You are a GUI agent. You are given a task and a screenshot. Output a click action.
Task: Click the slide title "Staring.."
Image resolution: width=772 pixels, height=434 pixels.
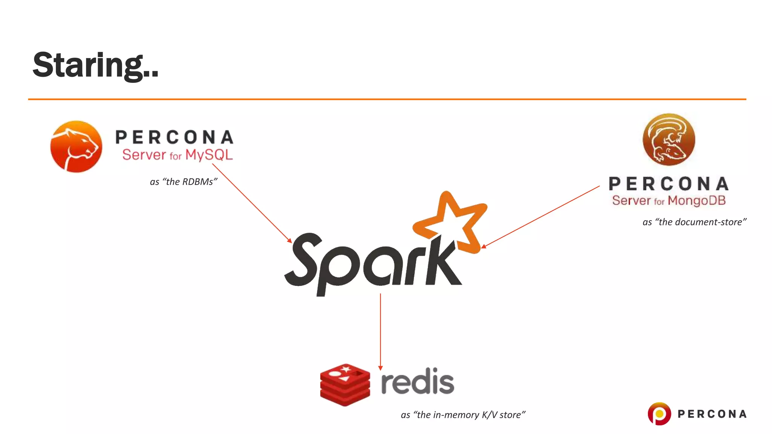[95, 65]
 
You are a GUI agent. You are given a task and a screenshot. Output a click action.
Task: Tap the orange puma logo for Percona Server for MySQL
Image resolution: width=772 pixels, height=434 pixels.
[76, 147]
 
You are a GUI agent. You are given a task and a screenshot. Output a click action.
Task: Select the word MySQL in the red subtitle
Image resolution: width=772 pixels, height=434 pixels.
[209, 155]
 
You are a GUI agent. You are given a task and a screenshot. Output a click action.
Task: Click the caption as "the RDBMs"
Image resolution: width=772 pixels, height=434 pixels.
[184, 182]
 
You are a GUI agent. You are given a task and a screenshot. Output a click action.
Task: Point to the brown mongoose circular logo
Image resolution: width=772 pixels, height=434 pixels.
[669, 140]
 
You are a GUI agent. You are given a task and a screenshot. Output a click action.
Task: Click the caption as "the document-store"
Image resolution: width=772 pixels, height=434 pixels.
[694, 222]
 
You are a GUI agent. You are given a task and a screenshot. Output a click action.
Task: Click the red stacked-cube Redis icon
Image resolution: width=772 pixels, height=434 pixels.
[345, 385]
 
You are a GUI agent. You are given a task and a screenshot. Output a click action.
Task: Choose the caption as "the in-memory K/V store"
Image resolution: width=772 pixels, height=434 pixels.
[463, 415]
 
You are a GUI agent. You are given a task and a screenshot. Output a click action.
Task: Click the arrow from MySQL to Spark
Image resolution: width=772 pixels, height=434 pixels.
[252, 203]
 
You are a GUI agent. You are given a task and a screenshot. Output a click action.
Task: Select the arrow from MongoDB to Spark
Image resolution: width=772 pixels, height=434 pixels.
[541, 217]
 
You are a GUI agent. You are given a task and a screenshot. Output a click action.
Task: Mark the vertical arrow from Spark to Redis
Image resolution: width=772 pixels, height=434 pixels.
[380, 332]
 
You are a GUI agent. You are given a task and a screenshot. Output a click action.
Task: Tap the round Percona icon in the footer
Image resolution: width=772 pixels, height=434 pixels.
[659, 414]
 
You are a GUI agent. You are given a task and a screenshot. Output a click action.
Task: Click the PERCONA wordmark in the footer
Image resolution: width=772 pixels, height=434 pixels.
[712, 414]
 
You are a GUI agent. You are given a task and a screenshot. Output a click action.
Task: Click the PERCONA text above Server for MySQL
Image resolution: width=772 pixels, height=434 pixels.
[174, 137]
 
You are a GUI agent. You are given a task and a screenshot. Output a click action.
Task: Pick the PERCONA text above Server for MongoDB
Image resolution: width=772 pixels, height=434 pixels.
[669, 184]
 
